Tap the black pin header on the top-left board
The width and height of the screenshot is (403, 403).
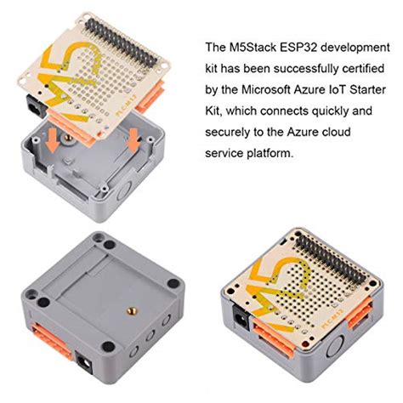[128, 37]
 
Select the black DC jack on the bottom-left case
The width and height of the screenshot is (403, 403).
[88, 364]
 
